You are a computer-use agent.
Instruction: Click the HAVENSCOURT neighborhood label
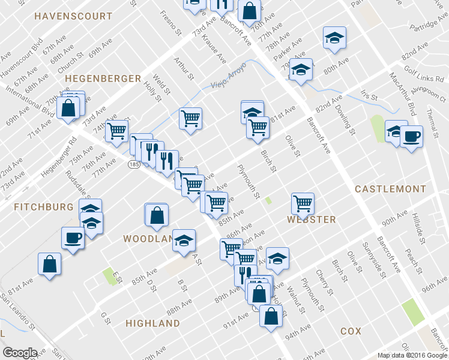(73, 16)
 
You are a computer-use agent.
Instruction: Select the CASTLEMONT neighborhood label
(390, 188)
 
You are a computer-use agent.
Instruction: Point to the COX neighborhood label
(351, 331)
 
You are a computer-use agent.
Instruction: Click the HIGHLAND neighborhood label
(152, 323)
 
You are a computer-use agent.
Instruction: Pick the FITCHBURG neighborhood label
(43, 206)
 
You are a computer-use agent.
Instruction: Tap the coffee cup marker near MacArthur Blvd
(412, 137)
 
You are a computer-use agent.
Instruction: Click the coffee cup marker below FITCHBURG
(73, 238)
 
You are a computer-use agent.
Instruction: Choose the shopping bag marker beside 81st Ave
(49, 264)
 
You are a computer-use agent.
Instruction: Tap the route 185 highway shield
(133, 163)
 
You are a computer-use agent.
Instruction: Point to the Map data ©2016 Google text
(411, 355)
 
